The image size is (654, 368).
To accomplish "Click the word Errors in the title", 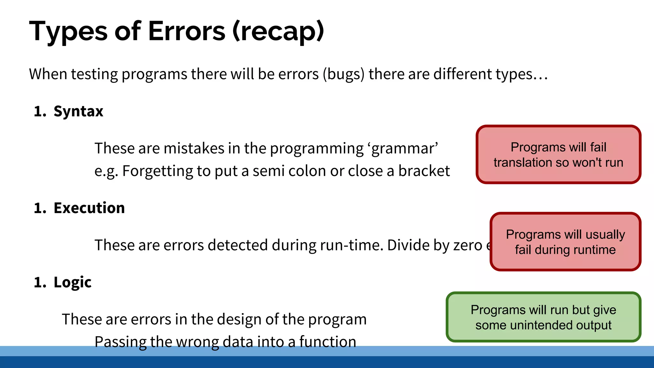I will (187, 31).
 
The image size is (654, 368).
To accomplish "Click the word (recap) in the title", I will (278, 31).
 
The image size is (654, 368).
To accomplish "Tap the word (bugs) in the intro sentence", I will (343, 74).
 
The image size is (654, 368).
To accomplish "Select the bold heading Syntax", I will (78, 111).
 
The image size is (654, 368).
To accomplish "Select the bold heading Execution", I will (89, 208).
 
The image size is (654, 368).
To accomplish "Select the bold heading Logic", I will (72, 282).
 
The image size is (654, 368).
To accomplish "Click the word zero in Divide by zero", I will (468, 245).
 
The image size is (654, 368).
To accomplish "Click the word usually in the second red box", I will (605, 234).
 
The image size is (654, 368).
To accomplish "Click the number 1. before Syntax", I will (40, 111).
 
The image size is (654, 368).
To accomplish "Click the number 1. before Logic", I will (40, 282).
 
